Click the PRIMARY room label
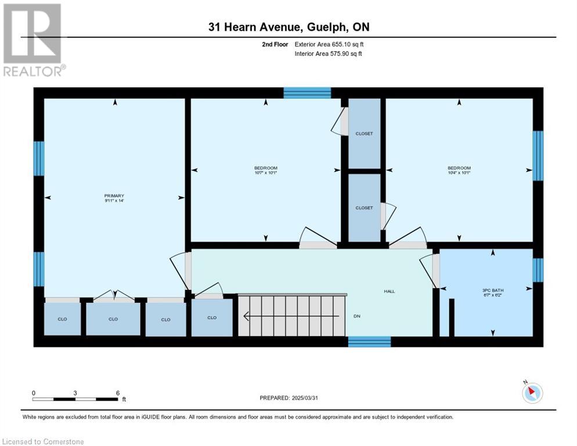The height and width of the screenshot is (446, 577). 114,196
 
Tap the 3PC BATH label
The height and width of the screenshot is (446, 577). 493,290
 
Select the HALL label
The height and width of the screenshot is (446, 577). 390,292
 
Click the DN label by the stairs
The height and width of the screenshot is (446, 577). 356,316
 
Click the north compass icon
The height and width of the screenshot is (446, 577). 532,393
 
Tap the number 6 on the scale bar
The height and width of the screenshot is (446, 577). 118,393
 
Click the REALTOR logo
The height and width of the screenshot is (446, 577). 34,39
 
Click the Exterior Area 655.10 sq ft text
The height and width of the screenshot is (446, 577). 329,44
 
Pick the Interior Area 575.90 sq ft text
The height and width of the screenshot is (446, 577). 328,53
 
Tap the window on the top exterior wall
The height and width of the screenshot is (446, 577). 307,93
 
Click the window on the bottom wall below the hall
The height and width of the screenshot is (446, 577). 369,342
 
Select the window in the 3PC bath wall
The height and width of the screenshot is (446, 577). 538,270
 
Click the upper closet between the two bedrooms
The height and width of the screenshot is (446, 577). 365,134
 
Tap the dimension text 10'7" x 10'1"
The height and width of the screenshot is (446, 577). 265,172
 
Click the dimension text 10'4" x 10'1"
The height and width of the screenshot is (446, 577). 459,172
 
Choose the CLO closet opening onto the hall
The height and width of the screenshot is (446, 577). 212,318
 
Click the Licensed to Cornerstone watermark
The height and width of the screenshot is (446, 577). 43,441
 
